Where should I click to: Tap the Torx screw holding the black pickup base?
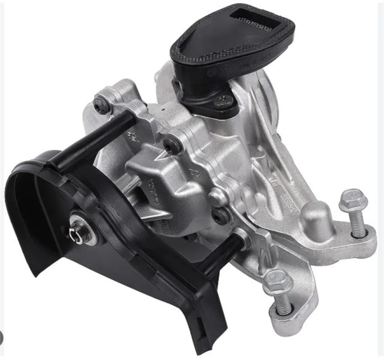tap(225, 101)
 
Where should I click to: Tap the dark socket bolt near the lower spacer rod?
tap(221, 216)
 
